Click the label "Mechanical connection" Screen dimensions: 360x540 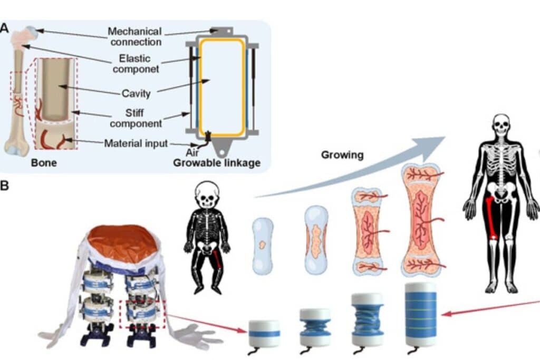(134, 36)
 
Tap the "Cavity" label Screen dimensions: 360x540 (136, 94)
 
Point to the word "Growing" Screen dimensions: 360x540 (342, 155)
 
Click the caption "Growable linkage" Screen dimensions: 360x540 (217, 163)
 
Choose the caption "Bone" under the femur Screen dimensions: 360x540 (44, 163)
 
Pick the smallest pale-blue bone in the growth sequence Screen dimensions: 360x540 (263, 246)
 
